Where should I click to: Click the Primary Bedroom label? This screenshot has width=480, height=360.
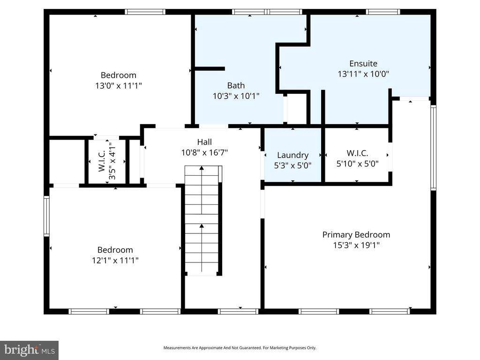[356, 235]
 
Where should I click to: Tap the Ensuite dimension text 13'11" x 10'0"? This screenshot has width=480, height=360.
[363, 74]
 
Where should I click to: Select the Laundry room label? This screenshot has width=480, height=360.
[292, 155]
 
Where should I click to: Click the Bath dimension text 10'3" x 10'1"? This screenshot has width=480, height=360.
[236, 96]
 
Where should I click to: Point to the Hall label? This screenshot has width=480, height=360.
[204, 142]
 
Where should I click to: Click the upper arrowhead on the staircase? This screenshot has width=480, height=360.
[202, 167]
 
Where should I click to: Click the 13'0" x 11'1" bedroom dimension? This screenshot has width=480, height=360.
[118, 86]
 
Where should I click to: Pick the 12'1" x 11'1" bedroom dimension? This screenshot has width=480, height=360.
[115, 260]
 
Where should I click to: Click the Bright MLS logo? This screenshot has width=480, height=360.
[29, 350]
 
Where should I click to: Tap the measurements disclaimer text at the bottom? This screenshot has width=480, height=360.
[240, 348]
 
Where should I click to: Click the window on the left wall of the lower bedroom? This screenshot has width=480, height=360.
[46, 216]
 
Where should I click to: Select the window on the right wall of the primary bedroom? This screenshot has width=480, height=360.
[433, 148]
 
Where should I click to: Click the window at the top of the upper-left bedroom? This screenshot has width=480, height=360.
[145, 12]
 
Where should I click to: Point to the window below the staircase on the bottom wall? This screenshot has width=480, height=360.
[238, 311]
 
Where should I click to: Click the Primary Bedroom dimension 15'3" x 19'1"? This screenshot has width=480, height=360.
[356, 245]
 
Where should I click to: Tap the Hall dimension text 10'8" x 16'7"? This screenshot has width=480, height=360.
[204, 152]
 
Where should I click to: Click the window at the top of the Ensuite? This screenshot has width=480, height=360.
[382, 12]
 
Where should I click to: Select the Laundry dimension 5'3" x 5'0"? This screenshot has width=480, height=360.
[292, 165]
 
